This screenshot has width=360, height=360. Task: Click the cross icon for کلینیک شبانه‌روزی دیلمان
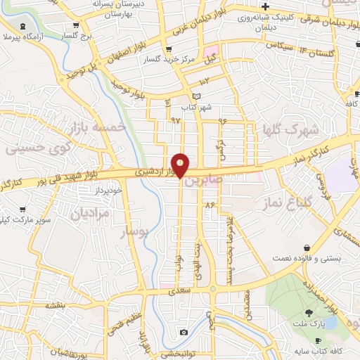point(266,6)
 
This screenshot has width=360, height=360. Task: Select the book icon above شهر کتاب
point(197,96)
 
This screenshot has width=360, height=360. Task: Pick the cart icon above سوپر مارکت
point(22,209)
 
